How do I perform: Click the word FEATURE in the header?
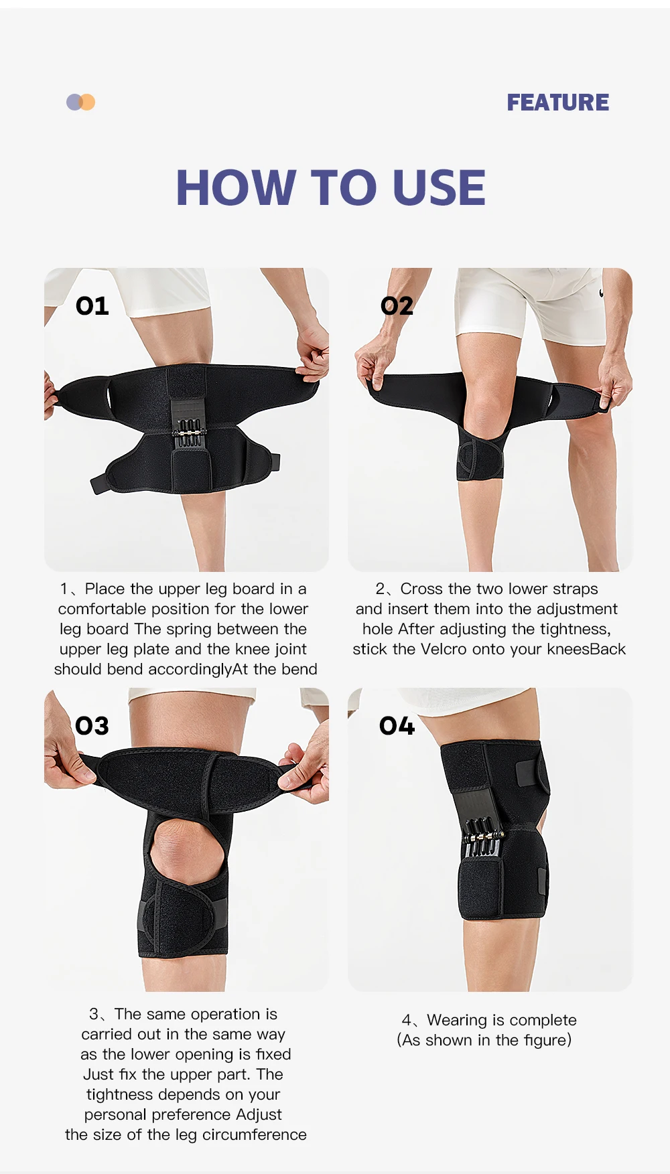point(558,102)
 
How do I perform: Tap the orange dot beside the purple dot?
point(88,102)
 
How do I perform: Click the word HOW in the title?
point(237,188)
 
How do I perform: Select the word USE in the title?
point(440,188)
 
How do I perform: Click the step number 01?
point(92,306)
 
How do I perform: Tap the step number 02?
point(397,306)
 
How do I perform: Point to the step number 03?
point(92,726)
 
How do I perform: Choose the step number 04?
point(397,726)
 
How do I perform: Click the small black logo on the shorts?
point(602,293)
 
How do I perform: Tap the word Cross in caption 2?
point(421,589)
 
